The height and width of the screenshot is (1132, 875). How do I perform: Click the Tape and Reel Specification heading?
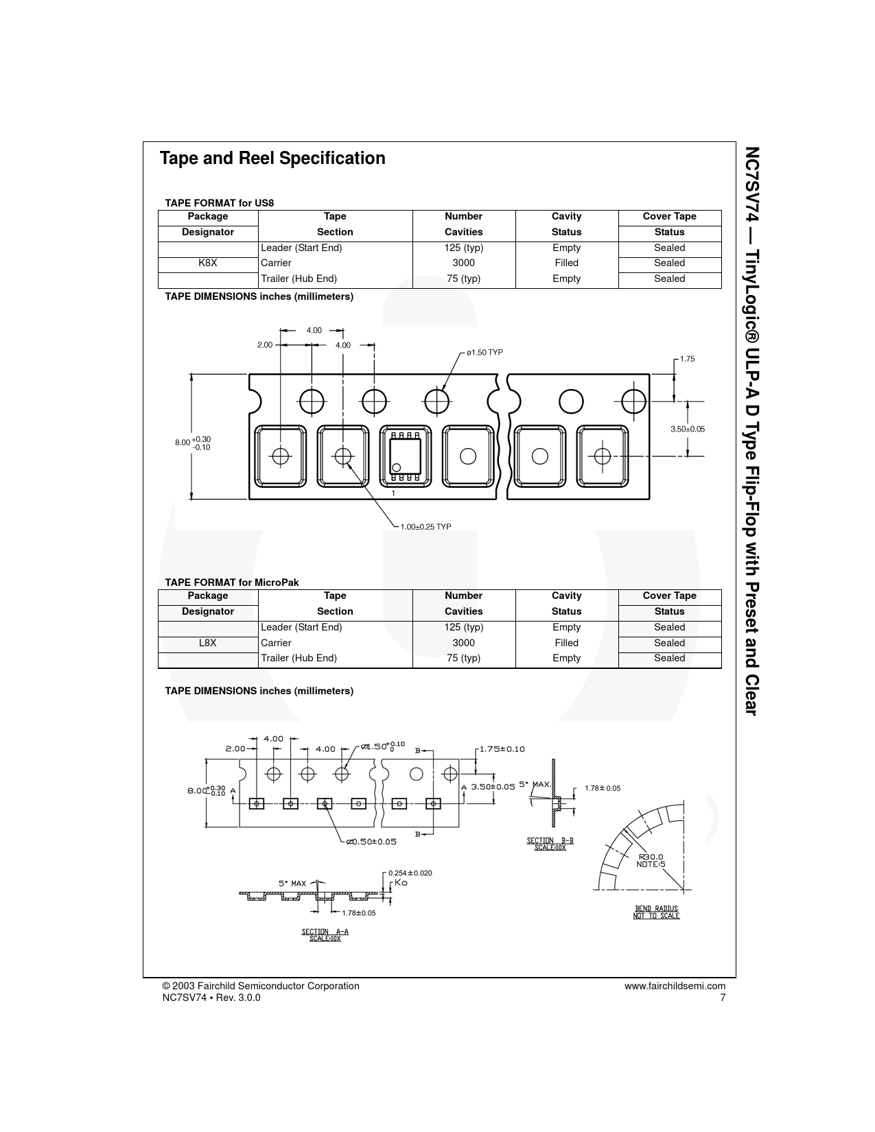pyautogui.click(x=272, y=158)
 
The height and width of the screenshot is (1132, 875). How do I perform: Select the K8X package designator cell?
pyautogui.click(x=208, y=263)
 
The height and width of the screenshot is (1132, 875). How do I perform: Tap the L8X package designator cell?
pyautogui.click(x=208, y=643)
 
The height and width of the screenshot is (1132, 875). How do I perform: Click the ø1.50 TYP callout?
pyautogui.click(x=485, y=353)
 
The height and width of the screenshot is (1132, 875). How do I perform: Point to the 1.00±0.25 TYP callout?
pyautogui.click(x=425, y=527)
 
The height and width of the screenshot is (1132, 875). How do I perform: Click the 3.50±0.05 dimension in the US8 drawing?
pyautogui.click(x=687, y=429)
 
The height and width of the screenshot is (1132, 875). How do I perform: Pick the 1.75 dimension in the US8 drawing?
pyautogui.click(x=687, y=359)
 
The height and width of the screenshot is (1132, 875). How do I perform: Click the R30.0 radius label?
pyautogui.click(x=651, y=857)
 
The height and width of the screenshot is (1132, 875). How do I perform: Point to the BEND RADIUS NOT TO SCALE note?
pyautogui.click(x=656, y=912)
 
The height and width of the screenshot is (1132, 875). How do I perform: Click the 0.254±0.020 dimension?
pyautogui.click(x=410, y=873)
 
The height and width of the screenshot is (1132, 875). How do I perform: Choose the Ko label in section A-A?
pyautogui.click(x=401, y=883)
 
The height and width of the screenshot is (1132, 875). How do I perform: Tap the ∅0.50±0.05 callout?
pyautogui.click(x=371, y=842)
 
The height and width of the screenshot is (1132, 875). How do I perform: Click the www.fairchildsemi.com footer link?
pyautogui.click(x=675, y=987)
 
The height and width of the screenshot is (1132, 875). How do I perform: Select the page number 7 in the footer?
pyautogui.click(x=723, y=998)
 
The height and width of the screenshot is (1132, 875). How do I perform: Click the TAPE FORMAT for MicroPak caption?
pyautogui.click(x=232, y=582)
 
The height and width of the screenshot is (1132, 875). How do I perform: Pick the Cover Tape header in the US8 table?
pyautogui.click(x=669, y=217)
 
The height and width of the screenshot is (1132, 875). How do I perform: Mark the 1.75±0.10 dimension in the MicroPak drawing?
pyautogui.click(x=502, y=749)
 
